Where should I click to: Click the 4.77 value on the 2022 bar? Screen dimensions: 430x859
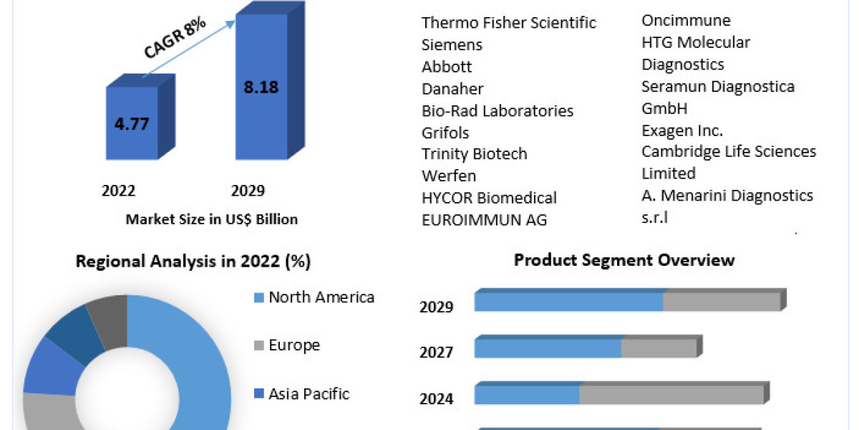132,123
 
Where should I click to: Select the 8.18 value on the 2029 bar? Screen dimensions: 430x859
261,87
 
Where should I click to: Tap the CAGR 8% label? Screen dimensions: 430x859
175,39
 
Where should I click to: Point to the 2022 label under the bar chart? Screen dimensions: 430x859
119,191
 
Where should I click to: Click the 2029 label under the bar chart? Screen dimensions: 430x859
248,191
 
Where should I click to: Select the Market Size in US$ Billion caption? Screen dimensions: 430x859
211,219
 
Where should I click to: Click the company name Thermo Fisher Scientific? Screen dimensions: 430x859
509,23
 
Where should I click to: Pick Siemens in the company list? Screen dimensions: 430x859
452,44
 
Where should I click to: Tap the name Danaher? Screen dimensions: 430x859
452,89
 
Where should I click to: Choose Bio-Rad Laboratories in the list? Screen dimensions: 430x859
498,111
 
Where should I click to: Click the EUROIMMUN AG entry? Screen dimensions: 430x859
485,220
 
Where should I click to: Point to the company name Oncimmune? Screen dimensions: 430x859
686,21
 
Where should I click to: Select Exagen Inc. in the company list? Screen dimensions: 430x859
682,130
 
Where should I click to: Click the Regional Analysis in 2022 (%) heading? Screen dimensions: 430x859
193,262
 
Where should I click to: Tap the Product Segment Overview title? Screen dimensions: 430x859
624,259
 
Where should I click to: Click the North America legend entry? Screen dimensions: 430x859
321,297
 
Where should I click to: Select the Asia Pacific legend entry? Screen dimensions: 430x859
309,393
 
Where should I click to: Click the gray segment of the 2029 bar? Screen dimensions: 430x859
721,302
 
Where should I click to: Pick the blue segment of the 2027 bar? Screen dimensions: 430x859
548,348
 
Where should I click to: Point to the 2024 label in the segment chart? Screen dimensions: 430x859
437,398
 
